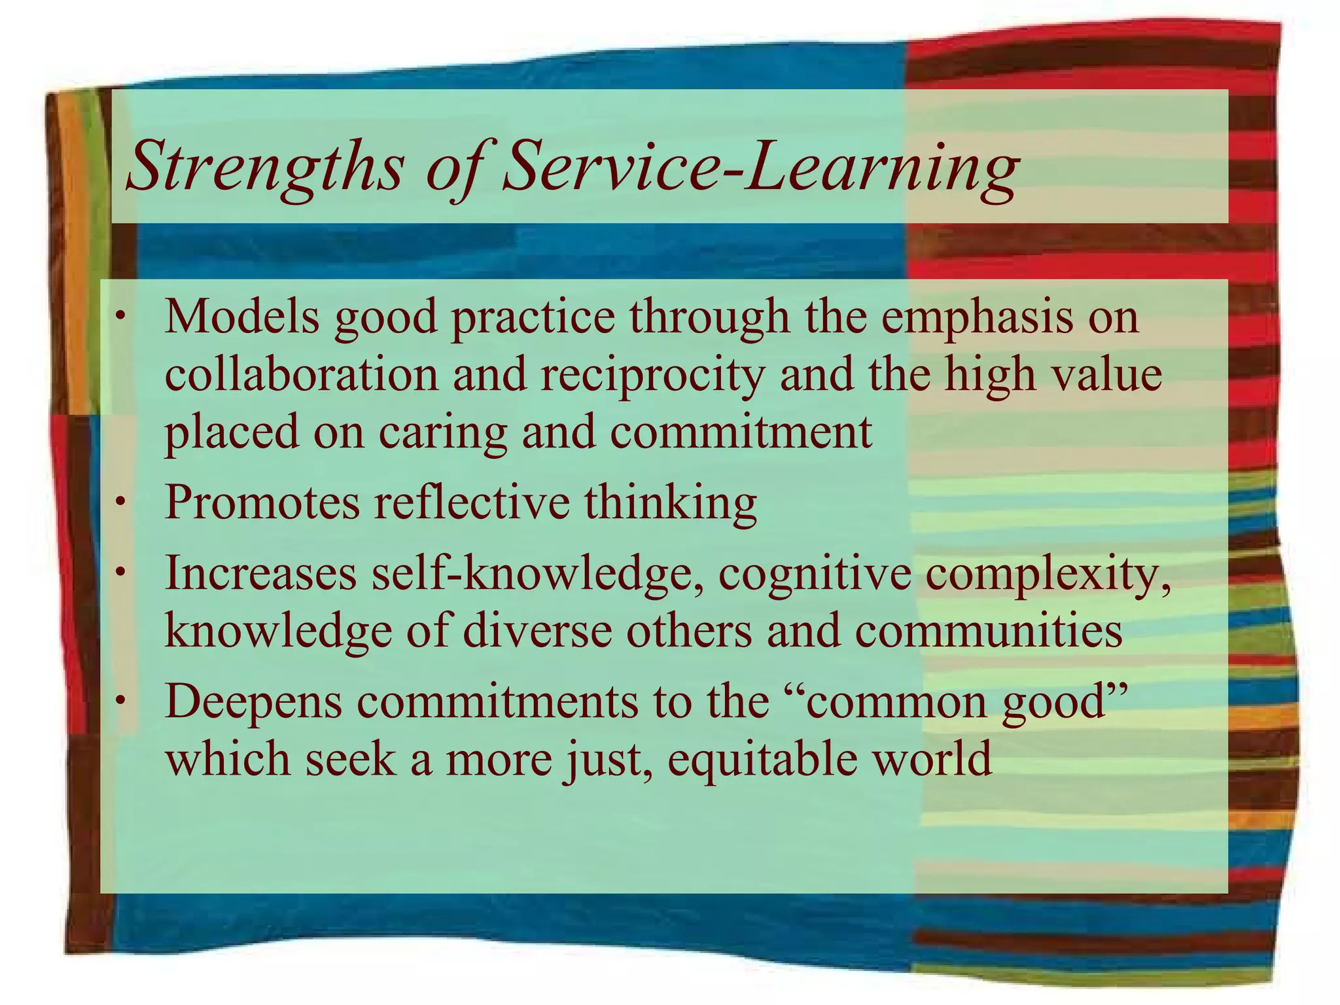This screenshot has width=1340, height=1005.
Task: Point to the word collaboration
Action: point(301,375)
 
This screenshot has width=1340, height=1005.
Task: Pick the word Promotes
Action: point(262,502)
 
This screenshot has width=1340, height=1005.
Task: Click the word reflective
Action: point(472,502)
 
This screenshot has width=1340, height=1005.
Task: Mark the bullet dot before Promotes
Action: point(120,502)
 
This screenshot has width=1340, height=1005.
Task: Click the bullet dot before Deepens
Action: point(120,701)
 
